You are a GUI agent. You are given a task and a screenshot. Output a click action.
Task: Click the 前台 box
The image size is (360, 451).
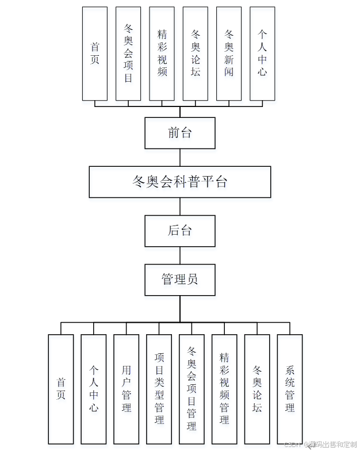pos(180,133)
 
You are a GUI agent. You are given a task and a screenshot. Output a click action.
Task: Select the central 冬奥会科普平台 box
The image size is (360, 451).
pos(180,182)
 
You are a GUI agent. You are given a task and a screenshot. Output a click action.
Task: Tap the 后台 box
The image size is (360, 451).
pos(180,231)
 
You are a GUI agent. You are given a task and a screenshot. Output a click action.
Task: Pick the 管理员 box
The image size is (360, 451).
pos(180,280)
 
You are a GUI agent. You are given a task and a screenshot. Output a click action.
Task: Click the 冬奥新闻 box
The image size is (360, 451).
pos(229,53)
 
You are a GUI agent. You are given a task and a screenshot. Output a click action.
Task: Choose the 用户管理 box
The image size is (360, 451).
pos(127,389)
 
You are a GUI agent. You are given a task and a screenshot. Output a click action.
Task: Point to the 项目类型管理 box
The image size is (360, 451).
pos(159,389)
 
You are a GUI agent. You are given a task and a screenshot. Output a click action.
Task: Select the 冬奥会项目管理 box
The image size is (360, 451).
pos(192,389)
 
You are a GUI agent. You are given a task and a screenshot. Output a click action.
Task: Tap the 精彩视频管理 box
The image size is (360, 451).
pos(224,389)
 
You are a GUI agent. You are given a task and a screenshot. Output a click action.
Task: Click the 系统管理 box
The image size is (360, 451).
pos(290,389)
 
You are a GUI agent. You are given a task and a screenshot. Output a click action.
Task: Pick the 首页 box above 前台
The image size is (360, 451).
pos(95,53)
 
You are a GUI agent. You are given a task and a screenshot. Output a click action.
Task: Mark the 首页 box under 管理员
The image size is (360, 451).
pos(61,389)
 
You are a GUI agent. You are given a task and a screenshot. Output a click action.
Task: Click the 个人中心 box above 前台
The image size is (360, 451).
pos(262,53)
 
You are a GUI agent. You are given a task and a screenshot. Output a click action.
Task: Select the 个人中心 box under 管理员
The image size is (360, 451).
pos(94,389)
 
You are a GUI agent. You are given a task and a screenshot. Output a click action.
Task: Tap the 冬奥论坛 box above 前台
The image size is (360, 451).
pos(196,53)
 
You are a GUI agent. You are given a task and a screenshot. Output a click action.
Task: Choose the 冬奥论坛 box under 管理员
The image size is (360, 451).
pos(257,389)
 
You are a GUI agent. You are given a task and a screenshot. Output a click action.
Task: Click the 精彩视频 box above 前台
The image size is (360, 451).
pos(162,53)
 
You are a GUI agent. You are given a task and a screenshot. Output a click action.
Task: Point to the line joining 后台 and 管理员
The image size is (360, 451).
pos(180,255)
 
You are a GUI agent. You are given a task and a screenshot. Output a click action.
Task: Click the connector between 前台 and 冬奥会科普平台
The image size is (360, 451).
pos(180,158)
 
